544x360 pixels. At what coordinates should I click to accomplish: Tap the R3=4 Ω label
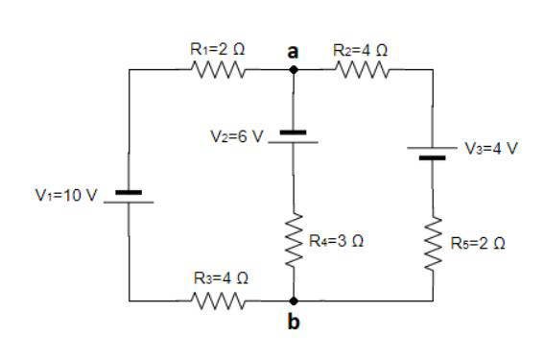point(220,278)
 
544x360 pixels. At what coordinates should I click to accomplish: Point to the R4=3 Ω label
point(335,236)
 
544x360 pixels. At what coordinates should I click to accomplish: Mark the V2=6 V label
point(235,136)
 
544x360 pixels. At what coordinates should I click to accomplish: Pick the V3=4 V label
point(491,149)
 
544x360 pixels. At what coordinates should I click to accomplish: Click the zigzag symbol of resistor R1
point(220,69)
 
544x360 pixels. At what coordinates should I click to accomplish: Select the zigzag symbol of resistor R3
point(220,301)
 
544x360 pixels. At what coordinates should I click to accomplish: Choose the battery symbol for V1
point(129,198)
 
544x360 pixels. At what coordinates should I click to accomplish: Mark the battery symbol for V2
point(294,137)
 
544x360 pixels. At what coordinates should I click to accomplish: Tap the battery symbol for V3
point(433,154)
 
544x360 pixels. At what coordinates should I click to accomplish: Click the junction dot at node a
point(294,69)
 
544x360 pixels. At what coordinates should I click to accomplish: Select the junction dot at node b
point(294,301)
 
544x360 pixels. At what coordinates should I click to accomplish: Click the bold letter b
point(294,323)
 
